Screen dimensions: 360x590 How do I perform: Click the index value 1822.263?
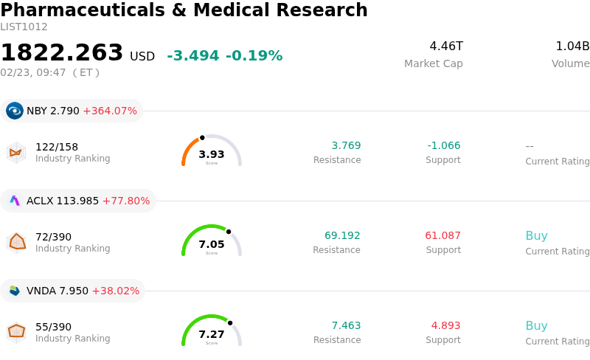click(x=62, y=53)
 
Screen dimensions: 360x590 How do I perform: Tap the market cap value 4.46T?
click(x=446, y=46)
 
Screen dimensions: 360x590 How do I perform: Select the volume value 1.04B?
click(x=572, y=46)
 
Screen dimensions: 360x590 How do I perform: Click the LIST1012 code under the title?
click(x=24, y=27)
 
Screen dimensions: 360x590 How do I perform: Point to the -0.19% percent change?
click(x=254, y=56)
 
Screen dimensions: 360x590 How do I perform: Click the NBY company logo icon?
click(x=15, y=111)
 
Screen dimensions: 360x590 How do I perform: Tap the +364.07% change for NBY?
click(x=110, y=111)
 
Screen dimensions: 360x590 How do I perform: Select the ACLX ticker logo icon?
click(x=15, y=201)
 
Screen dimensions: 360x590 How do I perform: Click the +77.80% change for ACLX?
click(x=125, y=201)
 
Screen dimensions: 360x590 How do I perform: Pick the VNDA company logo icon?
click(x=15, y=291)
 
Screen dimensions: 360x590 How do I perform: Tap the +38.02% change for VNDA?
click(x=115, y=291)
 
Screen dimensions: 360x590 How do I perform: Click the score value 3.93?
click(x=212, y=154)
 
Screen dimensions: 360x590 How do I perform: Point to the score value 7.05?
click(x=212, y=244)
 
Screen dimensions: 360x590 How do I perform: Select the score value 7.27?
click(x=212, y=334)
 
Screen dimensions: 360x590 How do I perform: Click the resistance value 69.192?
click(x=342, y=236)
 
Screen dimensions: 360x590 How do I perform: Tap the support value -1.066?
click(x=443, y=145)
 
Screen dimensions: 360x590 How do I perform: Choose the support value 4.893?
click(x=445, y=326)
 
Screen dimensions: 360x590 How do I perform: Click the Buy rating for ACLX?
click(x=536, y=236)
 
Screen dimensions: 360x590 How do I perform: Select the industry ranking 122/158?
click(x=57, y=147)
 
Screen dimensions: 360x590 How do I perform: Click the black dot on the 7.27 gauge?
click(x=230, y=322)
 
